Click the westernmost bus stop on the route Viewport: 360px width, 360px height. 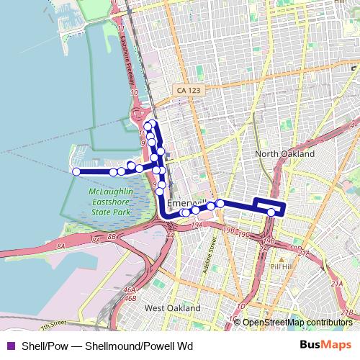(76, 171)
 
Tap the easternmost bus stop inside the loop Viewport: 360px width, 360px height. (271, 212)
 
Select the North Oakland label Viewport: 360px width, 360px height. (286, 154)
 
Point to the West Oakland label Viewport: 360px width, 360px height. (173, 307)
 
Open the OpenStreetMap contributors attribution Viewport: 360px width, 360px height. (297, 322)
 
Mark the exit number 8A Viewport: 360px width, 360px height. (62, 246)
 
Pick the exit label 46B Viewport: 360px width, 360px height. (130, 297)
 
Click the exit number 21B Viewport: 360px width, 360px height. (347, 312)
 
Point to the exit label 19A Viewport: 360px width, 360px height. (198, 225)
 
